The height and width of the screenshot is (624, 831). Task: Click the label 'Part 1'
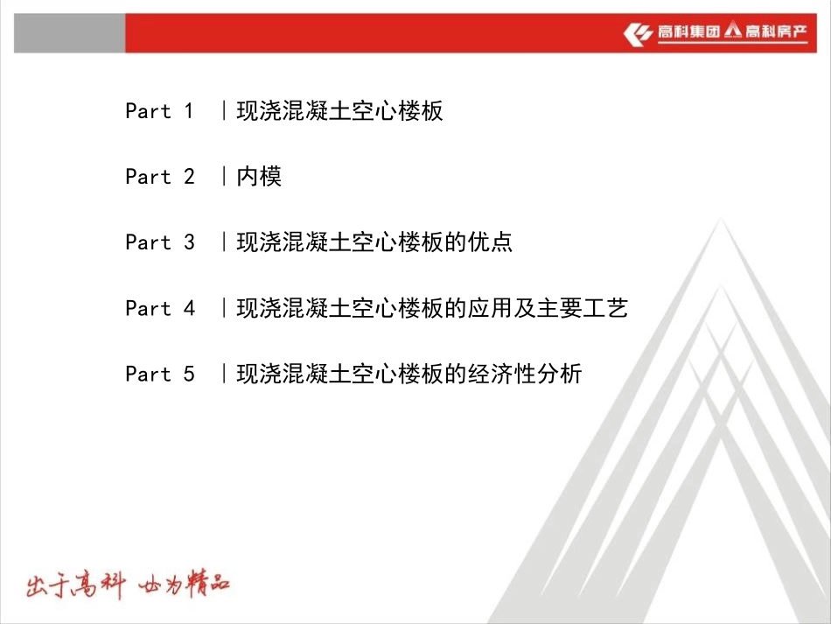[x=159, y=111]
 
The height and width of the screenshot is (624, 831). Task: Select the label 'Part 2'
[x=159, y=177]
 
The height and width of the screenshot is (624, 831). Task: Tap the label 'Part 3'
[x=159, y=242]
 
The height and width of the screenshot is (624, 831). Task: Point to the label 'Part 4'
[x=159, y=308]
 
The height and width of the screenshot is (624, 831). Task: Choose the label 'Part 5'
[x=159, y=374]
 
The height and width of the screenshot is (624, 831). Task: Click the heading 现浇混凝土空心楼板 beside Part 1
[x=339, y=111]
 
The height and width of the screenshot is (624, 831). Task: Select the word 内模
[x=259, y=177]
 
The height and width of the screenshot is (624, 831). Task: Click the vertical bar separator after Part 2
[x=225, y=177]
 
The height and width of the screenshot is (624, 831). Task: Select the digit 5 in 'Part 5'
[x=189, y=374]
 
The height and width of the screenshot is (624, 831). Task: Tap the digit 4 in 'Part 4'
[x=189, y=308]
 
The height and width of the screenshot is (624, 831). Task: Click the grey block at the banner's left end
[x=69, y=33]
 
